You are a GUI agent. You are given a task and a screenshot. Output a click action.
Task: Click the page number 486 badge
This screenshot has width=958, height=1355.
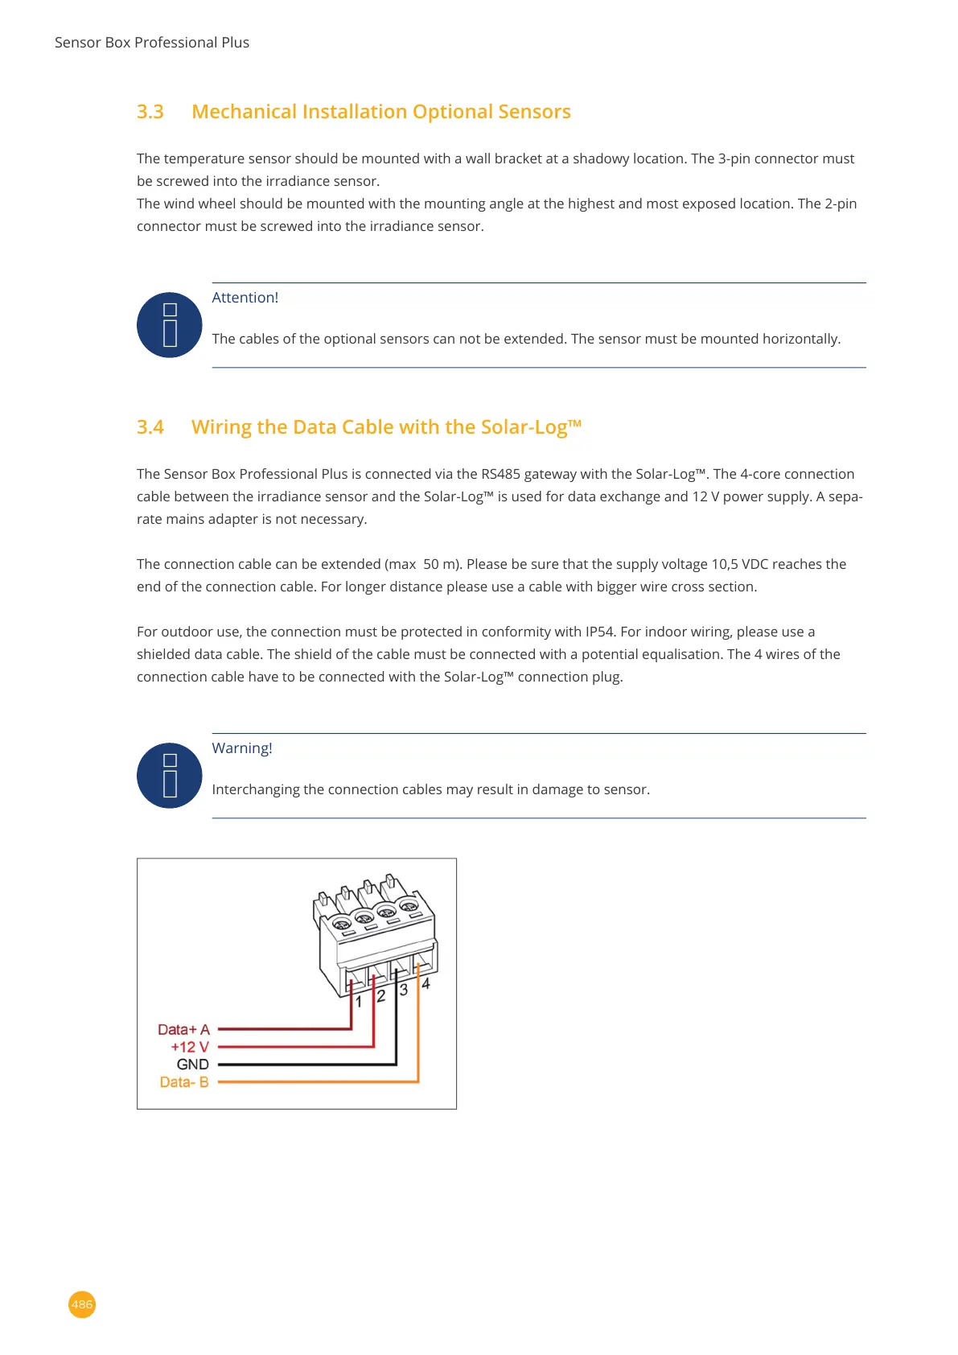point(82,1304)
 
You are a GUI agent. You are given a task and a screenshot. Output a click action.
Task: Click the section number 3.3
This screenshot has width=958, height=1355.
point(150,112)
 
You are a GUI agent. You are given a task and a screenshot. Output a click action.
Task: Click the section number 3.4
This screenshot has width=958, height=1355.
point(150,427)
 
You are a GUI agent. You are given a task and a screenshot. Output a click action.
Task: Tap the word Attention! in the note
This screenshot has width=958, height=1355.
point(245,298)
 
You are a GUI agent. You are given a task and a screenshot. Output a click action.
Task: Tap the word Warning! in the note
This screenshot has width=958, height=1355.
point(242,748)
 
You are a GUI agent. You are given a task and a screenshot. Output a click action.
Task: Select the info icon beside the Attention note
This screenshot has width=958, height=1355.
point(170,325)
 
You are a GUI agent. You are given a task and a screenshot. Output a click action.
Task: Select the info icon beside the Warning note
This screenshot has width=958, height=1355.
point(170,776)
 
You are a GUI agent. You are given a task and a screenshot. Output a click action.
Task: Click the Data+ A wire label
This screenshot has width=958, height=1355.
point(183,1030)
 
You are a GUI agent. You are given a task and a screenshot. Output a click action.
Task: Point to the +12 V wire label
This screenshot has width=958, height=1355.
point(190,1047)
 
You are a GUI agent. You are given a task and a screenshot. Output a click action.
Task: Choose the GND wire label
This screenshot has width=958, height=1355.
point(193,1065)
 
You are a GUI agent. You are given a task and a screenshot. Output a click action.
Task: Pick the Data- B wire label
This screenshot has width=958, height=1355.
point(184,1082)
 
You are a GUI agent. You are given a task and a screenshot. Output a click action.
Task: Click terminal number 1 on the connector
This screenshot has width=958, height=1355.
point(359,1002)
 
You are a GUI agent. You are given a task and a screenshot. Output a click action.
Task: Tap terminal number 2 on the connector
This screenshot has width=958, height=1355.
point(381,996)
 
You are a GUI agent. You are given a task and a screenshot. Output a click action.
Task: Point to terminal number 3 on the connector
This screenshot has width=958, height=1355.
point(404,990)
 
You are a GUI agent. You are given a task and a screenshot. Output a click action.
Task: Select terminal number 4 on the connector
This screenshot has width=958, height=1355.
point(426,983)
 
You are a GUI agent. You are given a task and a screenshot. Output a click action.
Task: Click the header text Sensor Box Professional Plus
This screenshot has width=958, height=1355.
point(152,43)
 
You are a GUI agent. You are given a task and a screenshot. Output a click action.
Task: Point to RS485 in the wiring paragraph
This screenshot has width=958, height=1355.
point(500,474)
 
